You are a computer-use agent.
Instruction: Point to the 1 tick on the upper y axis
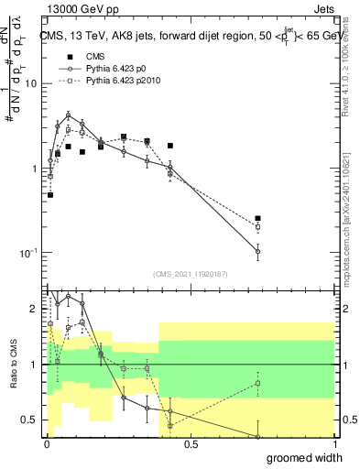34,168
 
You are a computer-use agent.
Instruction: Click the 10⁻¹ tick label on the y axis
27,253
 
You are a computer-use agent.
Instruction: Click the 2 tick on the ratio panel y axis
33,309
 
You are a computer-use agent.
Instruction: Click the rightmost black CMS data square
258,219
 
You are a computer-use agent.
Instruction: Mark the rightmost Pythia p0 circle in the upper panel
258,251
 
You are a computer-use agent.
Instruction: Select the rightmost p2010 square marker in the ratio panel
258,384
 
